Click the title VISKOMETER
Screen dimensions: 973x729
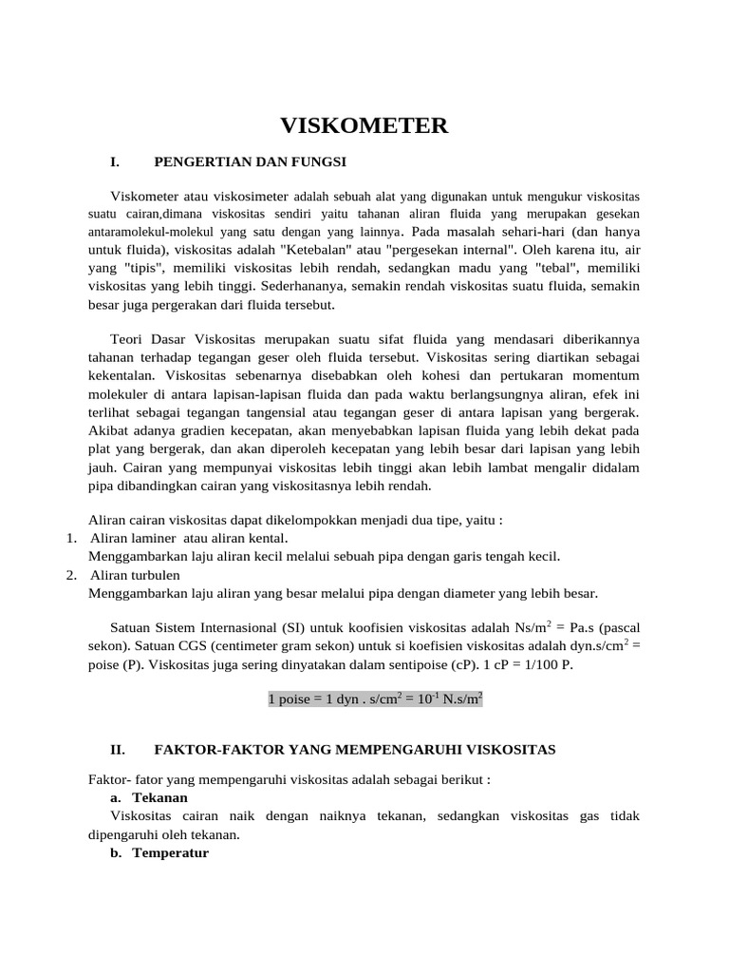(364, 126)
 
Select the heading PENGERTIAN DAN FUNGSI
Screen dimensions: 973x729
(250, 162)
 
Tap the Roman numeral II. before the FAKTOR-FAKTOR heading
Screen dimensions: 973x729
(118, 750)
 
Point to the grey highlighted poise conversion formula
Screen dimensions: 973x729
(376, 699)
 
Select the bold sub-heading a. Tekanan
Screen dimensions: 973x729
(151, 797)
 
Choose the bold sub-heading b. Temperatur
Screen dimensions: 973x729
(160, 853)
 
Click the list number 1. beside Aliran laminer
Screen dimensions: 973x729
(72, 539)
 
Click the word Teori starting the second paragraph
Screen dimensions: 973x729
(129, 339)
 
